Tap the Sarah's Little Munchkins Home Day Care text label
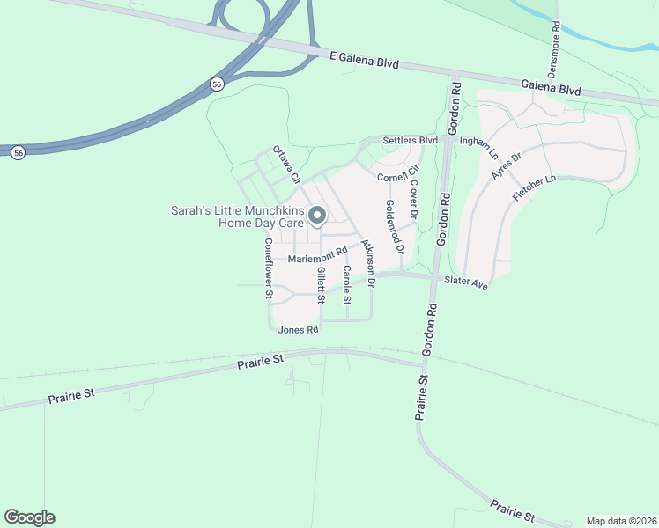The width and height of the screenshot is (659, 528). point(237,217)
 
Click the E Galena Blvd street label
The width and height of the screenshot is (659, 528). point(364,61)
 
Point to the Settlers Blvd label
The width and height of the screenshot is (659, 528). point(410,141)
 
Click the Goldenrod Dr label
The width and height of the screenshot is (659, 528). point(393,226)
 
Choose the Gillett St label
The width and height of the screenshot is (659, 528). point(322,285)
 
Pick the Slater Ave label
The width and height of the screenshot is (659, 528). point(466,282)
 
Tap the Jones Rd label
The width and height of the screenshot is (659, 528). point(298,330)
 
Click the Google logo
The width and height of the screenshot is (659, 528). point(29,517)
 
